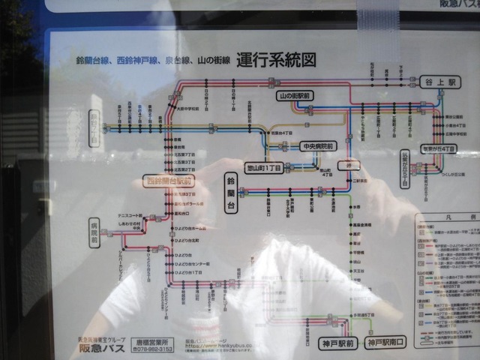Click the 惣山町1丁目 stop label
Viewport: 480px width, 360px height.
click(265, 168)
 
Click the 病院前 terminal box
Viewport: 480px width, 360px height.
click(94, 230)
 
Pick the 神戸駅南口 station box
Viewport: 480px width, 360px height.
click(385, 344)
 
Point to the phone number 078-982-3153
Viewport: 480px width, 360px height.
click(155, 349)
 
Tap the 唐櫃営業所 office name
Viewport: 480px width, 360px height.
click(154, 341)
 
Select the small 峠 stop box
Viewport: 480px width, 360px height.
click(344, 164)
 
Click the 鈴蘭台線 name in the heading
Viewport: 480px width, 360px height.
click(92, 60)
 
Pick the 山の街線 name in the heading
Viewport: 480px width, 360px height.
click(213, 60)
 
